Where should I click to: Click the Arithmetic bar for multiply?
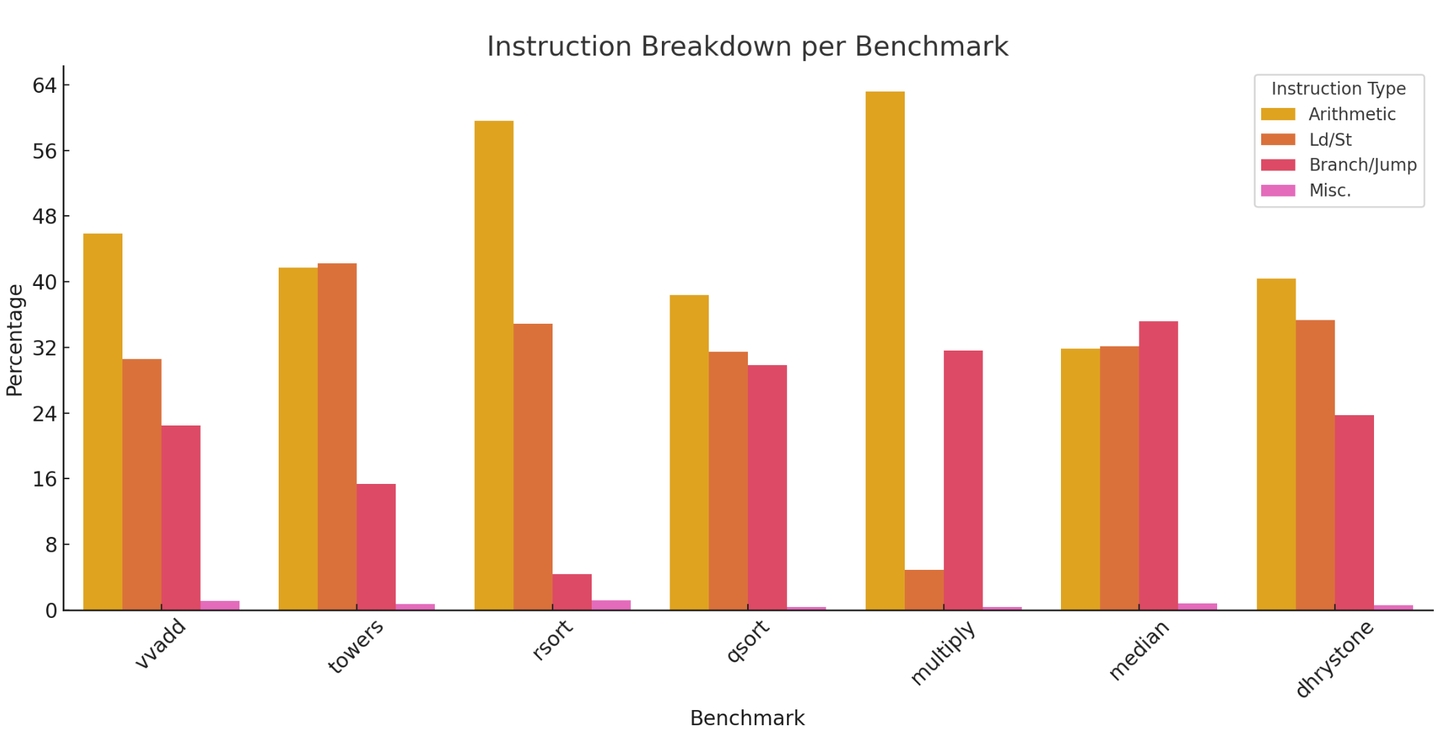point(885,351)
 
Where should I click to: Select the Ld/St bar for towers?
point(337,436)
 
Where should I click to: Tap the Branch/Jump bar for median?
point(1158,465)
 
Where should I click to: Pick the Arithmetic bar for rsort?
point(494,365)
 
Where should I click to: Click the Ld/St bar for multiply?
point(924,590)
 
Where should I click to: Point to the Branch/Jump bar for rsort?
point(572,592)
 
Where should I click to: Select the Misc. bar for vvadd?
point(220,606)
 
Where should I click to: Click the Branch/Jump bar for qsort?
point(767,487)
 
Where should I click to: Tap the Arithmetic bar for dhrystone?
point(1276,444)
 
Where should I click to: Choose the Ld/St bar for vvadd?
point(142,484)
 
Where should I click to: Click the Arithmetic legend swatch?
point(1278,114)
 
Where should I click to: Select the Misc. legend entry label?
point(1329,190)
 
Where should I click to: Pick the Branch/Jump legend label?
point(1362,165)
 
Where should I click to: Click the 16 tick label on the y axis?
point(45,479)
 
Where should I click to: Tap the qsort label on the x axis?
point(748,641)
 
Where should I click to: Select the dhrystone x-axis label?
point(1334,658)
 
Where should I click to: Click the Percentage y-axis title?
point(15,340)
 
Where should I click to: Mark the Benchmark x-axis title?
point(747,718)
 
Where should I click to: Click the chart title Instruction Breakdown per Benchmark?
point(747,47)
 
